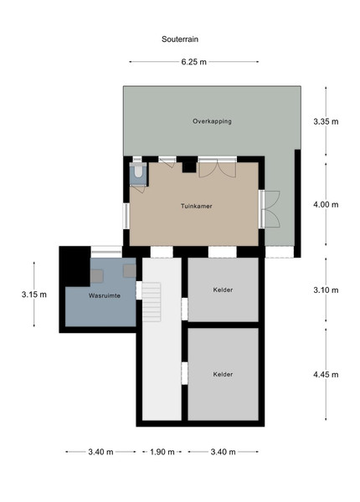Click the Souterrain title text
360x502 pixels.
[x=180, y=39]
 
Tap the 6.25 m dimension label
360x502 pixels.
[x=193, y=62]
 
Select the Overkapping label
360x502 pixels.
[x=212, y=121]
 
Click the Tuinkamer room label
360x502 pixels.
[x=197, y=206]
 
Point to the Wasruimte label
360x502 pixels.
[x=105, y=295]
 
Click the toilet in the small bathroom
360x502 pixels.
[x=138, y=171]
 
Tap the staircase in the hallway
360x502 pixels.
[x=152, y=302]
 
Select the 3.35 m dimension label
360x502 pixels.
[x=326, y=121]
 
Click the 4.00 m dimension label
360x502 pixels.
[x=326, y=205]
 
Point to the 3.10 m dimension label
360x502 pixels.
[x=326, y=290]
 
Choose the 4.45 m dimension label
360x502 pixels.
[x=326, y=375]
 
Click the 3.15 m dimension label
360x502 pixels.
[x=34, y=295]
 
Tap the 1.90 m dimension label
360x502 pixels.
[x=162, y=452]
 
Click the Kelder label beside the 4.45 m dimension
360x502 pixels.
[x=223, y=374]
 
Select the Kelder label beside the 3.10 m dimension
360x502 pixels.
[x=223, y=289]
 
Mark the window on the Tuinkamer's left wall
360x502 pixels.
[x=126, y=216]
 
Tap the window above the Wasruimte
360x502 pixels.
[x=106, y=252]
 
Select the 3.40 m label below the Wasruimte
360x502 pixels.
[x=101, y=452]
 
